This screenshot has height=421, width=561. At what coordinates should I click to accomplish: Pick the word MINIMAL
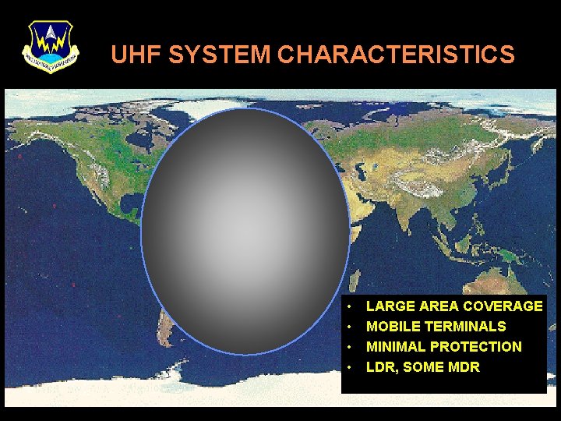396,347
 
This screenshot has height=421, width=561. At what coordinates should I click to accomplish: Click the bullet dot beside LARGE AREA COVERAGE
351,306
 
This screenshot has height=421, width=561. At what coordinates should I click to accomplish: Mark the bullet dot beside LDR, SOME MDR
351,367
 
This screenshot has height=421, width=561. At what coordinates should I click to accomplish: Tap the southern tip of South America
165,340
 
